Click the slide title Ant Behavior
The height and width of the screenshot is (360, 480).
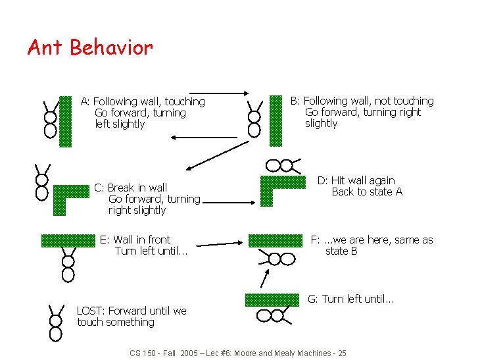pos(90,48)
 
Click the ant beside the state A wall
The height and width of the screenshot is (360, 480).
pos(50,119)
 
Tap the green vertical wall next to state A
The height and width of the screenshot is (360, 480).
pos(65,121)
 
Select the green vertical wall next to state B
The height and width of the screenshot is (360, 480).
pos(275,120)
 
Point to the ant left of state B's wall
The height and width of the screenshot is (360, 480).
pos(254,119)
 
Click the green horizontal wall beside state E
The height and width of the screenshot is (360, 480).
pos(68,240)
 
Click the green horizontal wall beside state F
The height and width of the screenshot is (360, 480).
pos(275,240)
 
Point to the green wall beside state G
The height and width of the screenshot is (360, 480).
pos(272,300)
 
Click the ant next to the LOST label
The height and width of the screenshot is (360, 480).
pos(55,321)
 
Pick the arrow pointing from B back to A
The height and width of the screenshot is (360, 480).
pos(204,137)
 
